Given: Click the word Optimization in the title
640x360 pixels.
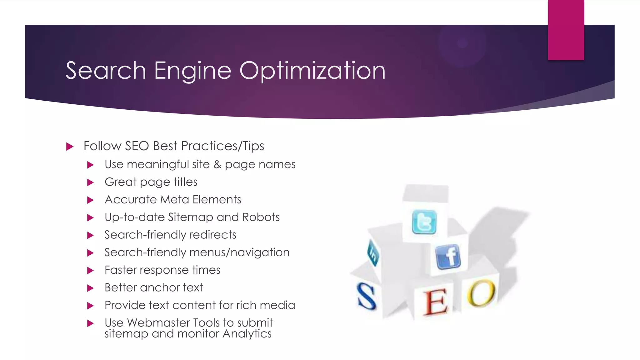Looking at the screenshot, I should coord(312,71).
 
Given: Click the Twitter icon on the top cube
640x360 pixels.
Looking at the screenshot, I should coord(424,222).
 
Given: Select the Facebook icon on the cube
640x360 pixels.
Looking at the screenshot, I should coord(448,257).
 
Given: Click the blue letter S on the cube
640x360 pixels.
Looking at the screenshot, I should coord(366,296).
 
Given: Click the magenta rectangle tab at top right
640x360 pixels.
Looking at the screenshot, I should coord(566,30).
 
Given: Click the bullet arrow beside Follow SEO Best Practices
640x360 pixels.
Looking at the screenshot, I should coord(70,146).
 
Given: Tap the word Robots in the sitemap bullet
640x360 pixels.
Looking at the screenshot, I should coord(261,217).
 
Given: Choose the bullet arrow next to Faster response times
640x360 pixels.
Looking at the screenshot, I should coord(90,270).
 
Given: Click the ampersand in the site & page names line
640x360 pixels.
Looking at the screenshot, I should coord(217,165).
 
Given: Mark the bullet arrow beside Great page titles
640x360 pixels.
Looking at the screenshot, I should coord(90,182).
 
